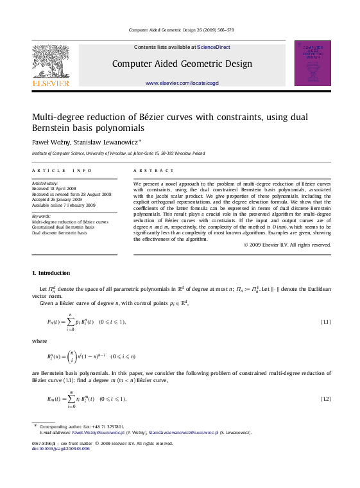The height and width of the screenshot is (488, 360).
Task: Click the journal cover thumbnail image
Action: pyautogui.click(x=312, y=63)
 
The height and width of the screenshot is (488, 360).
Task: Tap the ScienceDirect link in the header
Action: pyautogui.click(x=214, y=47)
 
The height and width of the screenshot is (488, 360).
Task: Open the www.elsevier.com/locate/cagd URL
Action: pyautogui.click(x=182, y=83)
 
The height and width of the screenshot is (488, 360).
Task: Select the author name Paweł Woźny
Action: pyautogui.click(x=49, y=142)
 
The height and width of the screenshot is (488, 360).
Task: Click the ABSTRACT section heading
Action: pyautogui.click(x=153, y=171)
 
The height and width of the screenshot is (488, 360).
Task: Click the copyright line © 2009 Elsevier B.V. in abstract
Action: pyautogui.click(x=287, y=245)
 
